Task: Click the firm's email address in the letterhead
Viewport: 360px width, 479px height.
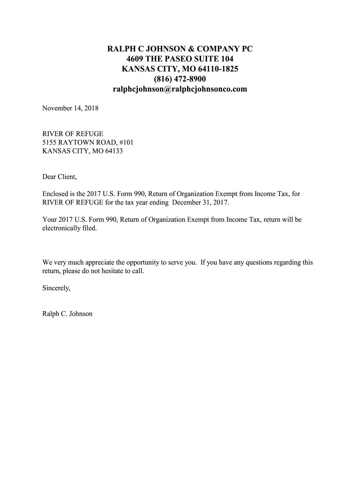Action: (x=180, y=89)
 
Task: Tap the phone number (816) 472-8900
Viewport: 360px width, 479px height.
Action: (x=180, y=79)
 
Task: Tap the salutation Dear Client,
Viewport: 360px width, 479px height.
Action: (x=59, y=177)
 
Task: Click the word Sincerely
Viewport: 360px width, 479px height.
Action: (x=56, y=288)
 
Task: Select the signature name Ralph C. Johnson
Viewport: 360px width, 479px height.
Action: (x=67, y=314)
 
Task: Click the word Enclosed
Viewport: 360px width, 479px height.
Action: (x=56, y=194)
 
